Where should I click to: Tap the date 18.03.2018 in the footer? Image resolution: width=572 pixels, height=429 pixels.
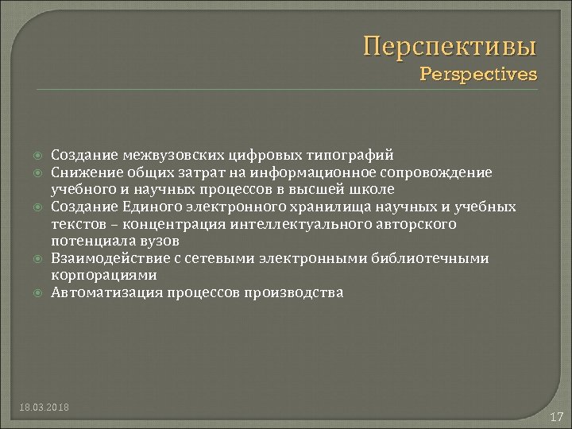click(x=44, y=408)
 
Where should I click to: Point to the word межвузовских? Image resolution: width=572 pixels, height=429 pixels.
click(x=173, y=155)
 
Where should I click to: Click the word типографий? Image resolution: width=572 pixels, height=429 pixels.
click(x=351, y=155)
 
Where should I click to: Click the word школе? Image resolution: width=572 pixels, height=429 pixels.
click(x=374, y=189)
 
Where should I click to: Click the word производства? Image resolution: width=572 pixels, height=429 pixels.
click(x=294, y=292)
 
